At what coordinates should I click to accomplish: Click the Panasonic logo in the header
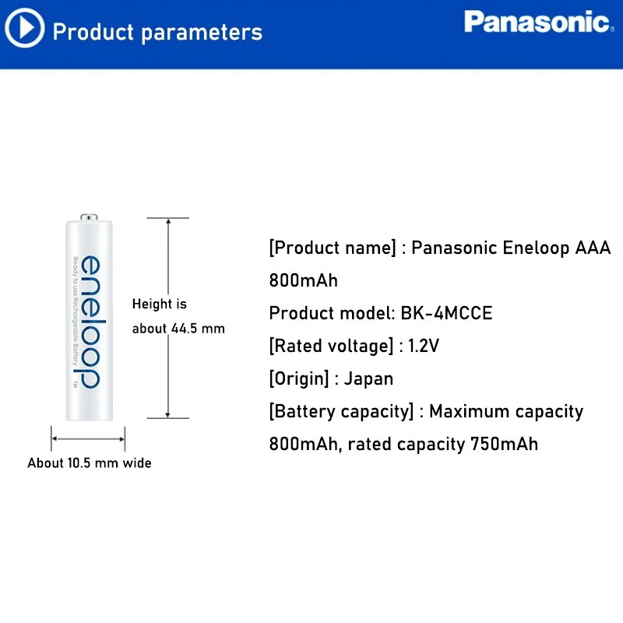click(x=537, y=22)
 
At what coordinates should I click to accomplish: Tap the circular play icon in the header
click(x=24, y=30)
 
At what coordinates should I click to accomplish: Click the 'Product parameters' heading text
click(x=157, y=32)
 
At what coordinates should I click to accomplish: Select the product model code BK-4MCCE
click(x=447, y=313)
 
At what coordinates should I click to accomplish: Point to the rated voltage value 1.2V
click(x=424, y=346)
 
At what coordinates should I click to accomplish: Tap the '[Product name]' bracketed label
click(x=332, y=248)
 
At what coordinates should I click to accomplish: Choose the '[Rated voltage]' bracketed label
click(x=331, y=346)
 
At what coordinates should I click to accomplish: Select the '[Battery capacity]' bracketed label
click(x=341, y=411)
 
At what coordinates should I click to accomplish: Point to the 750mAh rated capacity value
click(x=504, y=444)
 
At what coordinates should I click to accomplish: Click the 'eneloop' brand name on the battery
click(x=90, y=321)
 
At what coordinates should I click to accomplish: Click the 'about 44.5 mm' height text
click(x=178, y=329)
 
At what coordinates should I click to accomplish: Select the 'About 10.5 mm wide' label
click(x=90, y=463)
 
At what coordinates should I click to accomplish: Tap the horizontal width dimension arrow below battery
click(x=88, y=439)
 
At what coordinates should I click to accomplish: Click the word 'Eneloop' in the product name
click(x=536, y=248)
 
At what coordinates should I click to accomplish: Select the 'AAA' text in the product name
click(x=593, y=248)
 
